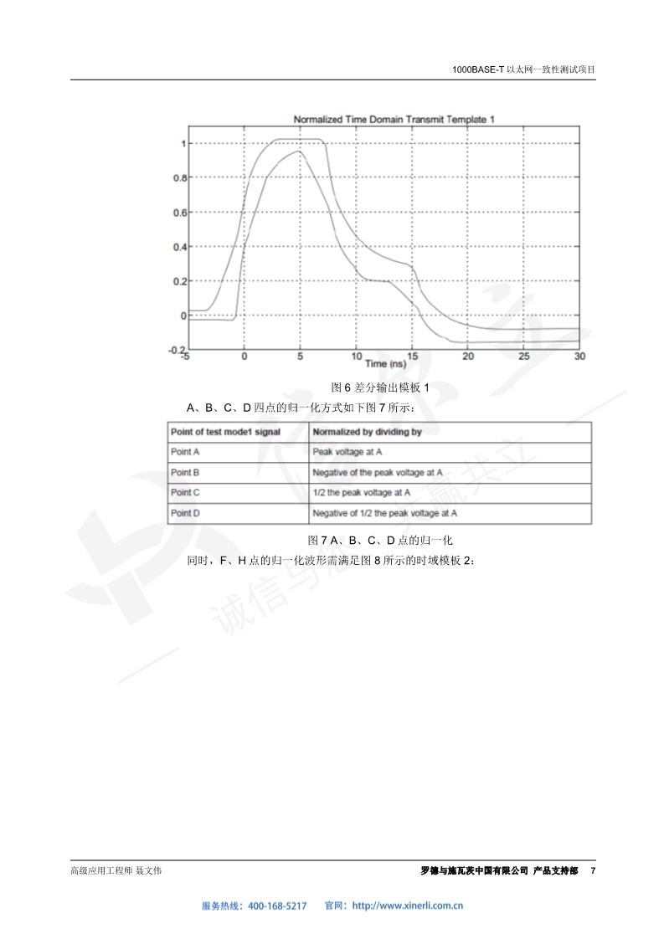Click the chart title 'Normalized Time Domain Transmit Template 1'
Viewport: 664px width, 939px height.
[394, 120]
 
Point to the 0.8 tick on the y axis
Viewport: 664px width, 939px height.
[179, 178]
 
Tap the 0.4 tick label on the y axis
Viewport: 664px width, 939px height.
[179, 247]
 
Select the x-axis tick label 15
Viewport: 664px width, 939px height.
[412, 357]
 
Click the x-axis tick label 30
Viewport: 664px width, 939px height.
[580, 357]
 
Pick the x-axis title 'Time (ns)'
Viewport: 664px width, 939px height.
[386, 363]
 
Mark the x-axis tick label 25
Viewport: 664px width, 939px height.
[524, 357]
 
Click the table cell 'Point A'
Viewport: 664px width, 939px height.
[186, 452]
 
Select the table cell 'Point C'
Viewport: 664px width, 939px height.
[186, 493]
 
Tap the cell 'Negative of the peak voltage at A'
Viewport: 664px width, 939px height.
[378, 473]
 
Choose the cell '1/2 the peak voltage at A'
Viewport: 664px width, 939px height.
[362, 493]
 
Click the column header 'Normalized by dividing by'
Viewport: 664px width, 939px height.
[367, 432]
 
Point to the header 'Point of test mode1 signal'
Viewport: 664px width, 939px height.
[224, 432]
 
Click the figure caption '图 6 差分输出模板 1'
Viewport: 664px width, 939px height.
[380, 387]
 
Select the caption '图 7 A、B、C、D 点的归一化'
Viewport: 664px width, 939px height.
[380, 541]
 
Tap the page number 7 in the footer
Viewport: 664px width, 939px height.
[593, 871]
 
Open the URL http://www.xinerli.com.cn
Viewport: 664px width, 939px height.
[409, 906]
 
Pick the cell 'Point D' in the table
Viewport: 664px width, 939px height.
[186, 513]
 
